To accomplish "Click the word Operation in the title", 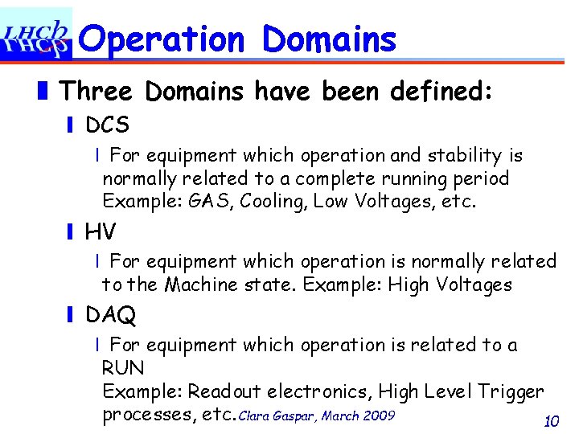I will (162, 39).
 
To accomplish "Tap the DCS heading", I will (107, 125).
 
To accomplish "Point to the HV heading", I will (101, 232).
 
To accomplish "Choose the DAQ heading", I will (110, 315).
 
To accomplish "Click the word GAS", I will (208, 201).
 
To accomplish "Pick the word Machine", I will (201, 285).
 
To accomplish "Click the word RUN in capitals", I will (123, 369).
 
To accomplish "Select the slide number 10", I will (551, 421).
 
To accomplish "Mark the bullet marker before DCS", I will (71, 126).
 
